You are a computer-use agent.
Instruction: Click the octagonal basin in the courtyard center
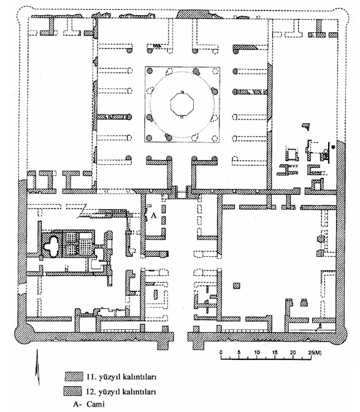(182, 104)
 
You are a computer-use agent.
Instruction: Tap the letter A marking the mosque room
(154, 215)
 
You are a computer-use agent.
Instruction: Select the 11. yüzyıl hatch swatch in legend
(74, 376)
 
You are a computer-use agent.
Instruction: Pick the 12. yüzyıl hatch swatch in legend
(73, 391)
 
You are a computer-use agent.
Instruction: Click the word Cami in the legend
(96, 404)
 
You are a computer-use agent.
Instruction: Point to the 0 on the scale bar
(221, 353)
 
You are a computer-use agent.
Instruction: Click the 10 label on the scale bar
(257, 353)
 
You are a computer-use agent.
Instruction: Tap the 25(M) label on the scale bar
(315, 353)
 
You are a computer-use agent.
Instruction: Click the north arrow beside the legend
(37, 367)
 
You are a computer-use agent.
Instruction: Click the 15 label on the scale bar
(275, 353)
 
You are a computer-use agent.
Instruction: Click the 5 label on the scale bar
(239, 353)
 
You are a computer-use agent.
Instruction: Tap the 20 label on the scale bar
(293, 353)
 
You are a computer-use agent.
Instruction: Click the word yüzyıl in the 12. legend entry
(107, 392)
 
